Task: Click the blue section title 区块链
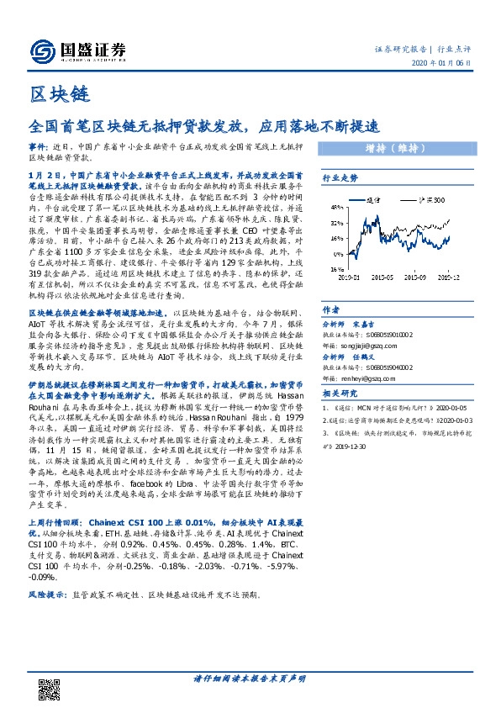[52, 95]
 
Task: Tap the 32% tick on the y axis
[335, 224]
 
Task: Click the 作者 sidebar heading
[331, 309]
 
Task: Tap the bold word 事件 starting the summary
[38, 145]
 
